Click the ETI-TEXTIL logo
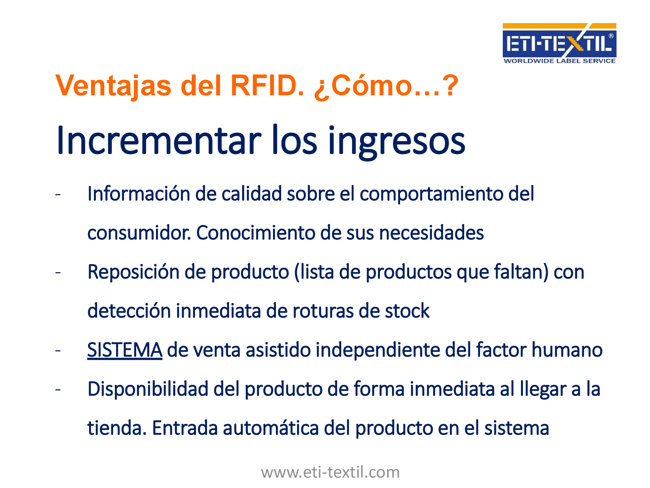[559, 43]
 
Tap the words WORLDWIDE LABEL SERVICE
[559, 61]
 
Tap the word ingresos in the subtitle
[397, 142]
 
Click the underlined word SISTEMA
[125, 350]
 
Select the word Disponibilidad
[148, 389]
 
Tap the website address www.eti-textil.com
[330, 472]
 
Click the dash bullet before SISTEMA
[58, 351]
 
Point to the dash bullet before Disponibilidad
[58, 390]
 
